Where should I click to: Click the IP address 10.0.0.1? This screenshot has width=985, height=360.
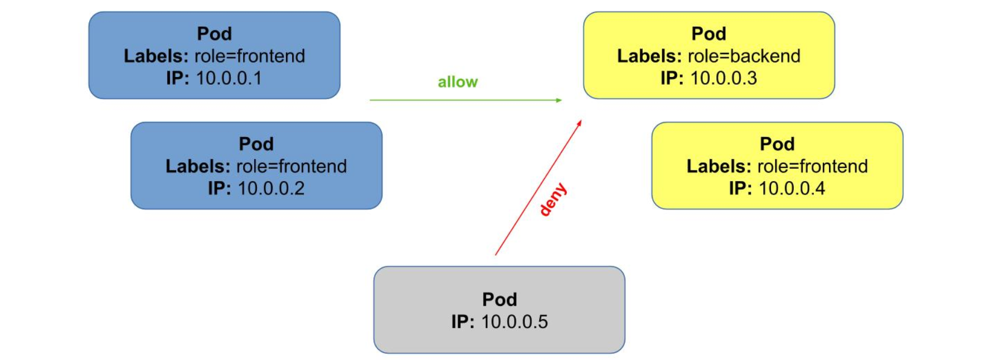[229, 78]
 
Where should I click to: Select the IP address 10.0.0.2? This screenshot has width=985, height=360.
[271, 188]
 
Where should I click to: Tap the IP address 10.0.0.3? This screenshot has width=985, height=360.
[724, 78]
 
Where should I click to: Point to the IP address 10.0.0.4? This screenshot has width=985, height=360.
[792, 188]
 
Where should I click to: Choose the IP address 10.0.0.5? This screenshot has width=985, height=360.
[515, 322]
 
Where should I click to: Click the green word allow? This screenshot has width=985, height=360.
[458, 82]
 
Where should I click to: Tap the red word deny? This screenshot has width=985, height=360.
[553, 199]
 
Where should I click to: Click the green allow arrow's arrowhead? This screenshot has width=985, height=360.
[559, 100]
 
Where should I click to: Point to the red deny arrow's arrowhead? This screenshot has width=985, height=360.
[579, 123]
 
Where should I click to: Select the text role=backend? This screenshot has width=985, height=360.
[744, 56]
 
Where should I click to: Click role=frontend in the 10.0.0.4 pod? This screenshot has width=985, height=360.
[812, 166]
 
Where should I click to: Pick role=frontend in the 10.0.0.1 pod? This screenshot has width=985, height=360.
[250, 56]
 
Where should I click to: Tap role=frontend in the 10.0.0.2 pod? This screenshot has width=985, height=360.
[292, 166]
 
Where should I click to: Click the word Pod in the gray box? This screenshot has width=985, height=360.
[499, 299]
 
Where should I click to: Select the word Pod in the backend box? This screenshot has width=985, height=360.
[709, 33]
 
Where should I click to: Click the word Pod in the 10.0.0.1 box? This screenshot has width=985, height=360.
[214, 33]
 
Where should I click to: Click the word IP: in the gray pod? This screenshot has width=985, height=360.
[463, 322]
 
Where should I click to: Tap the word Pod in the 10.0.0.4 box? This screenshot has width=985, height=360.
[777, 144]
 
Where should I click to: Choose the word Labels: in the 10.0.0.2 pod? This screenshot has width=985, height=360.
[198, 166]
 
